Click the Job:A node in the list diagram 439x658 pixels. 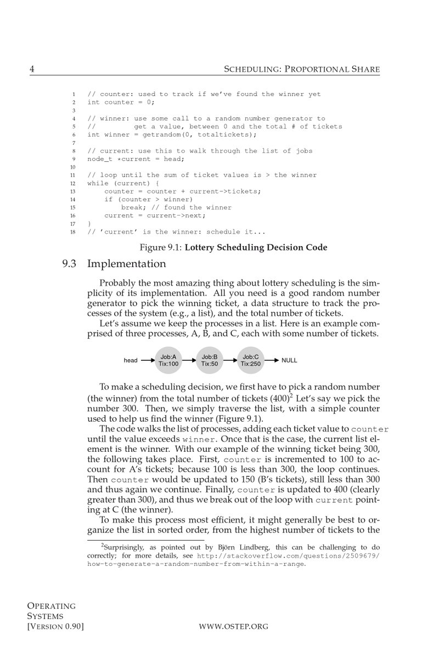168,360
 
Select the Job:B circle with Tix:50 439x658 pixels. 210,360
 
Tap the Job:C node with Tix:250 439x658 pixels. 250,360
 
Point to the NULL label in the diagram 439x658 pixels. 289,360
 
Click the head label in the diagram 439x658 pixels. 131,360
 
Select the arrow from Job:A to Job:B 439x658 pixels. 189,360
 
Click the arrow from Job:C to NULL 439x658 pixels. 272,360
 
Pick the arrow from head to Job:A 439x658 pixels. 147,360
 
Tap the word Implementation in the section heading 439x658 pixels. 126,264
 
